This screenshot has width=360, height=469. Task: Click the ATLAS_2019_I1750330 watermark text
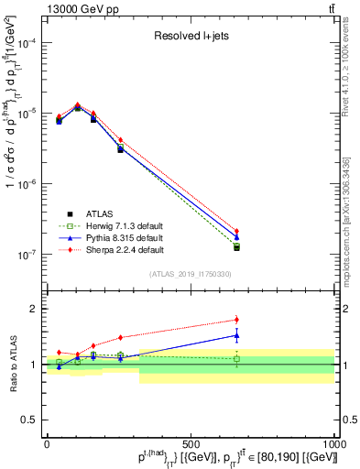point(190,274)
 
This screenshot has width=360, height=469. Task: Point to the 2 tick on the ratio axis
point(33,309)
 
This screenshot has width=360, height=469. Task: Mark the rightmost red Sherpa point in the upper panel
point(236,232)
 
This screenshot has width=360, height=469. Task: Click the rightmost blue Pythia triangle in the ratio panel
point(236,335)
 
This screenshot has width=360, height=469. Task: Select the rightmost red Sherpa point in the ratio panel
point(236,320)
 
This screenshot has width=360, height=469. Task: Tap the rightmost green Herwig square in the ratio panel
point(236,359)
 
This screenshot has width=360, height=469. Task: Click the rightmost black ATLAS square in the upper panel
point(236,247)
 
